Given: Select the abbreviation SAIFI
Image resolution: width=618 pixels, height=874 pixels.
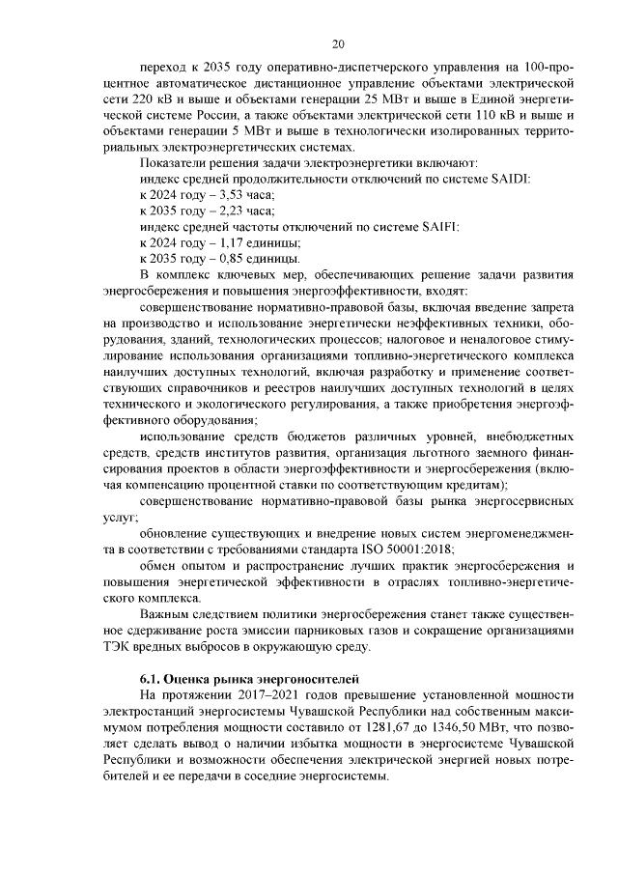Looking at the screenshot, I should tap(438, 227).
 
